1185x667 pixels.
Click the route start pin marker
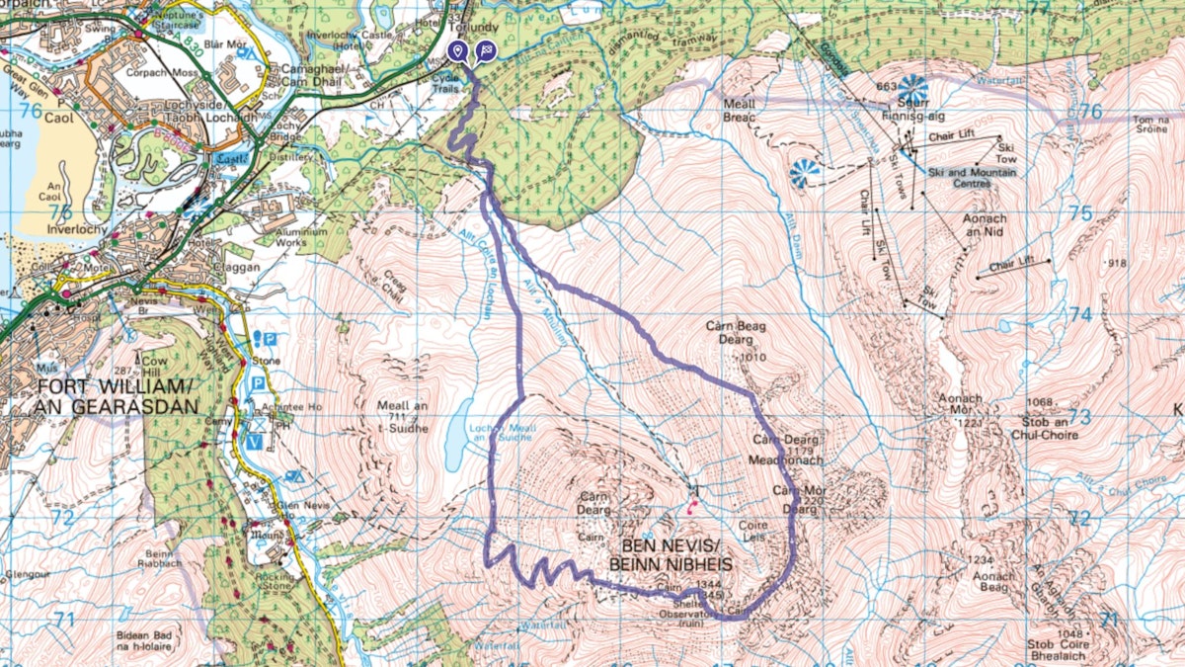click(457, 51)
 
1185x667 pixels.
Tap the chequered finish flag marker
click(485, 51)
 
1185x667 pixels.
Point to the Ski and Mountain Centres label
click(973, 177)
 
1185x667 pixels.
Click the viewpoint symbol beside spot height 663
click(912, 88)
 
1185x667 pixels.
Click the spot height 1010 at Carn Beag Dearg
click(752, 357)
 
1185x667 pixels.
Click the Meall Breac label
click(738, 110)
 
